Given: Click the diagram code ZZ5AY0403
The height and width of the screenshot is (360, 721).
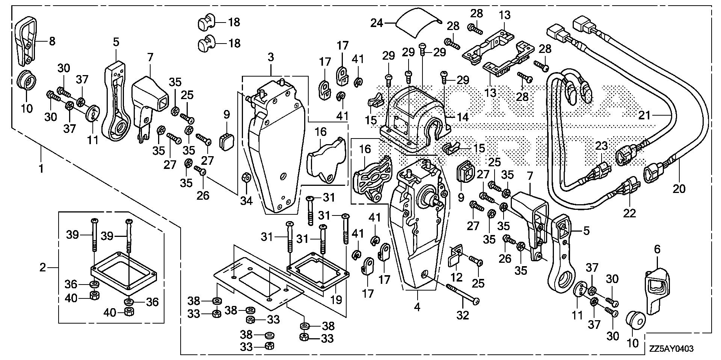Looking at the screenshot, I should [670, 349].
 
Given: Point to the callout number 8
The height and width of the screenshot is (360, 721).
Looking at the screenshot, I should [52, 41].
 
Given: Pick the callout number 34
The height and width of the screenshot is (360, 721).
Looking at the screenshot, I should [246, 201].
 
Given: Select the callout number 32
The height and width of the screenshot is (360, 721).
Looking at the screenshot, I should [463, 315].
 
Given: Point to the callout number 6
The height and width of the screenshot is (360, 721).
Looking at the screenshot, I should [657, 249].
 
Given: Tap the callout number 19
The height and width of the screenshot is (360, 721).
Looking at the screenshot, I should [336, 300].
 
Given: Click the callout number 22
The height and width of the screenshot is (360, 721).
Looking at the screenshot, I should [630, 213].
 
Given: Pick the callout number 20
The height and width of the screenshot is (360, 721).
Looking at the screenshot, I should [679, 188].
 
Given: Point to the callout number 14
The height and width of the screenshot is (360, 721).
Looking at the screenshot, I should [463, 117].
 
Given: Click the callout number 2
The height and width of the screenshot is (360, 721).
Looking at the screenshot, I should [43, 267].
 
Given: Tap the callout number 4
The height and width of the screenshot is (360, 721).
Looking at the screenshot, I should [417, 307].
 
